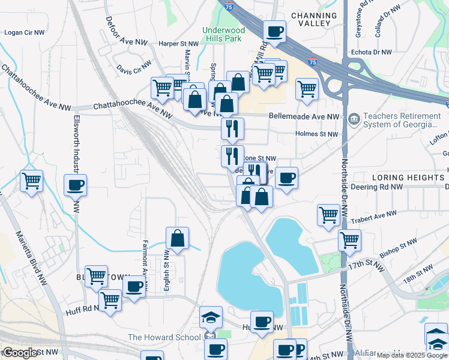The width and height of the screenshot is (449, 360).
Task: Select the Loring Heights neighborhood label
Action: (408, 178)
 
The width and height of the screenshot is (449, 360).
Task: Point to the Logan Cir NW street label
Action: (24, 32)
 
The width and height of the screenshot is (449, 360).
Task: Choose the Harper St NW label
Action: (178, 44)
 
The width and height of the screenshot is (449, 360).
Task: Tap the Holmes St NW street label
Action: (316, 134)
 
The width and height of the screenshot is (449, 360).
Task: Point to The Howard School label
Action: (164, 338)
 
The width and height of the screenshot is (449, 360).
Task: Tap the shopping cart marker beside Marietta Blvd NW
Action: (31, 180)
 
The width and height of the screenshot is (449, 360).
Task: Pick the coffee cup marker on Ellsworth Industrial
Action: (76, 185)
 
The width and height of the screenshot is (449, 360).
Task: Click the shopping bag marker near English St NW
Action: (178, 238)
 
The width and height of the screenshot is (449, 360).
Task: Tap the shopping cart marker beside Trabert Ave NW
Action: (329, 214)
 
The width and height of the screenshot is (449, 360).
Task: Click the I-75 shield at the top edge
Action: (229, 6)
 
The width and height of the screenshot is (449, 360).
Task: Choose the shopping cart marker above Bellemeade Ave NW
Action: (307, 88)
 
